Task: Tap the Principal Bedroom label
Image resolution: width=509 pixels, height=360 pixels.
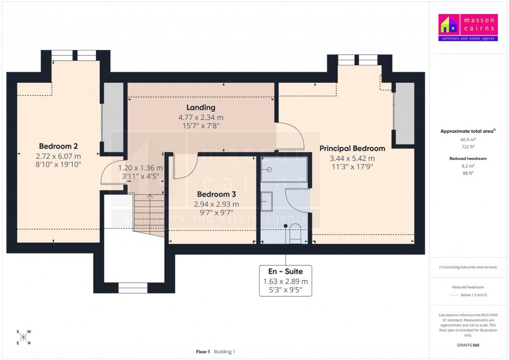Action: click(x=352, y=149)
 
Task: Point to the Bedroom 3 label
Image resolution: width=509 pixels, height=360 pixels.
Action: click(x=216, y=194)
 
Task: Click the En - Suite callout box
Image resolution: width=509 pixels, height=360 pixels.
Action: click(x=285, y=281)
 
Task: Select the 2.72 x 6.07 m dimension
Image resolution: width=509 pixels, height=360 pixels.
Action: click(x=58, y=156)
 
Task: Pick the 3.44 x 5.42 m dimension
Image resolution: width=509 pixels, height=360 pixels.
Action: click(x=352, y=158)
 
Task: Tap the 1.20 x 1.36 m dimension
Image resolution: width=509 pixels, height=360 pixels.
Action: click(x=140, y=168)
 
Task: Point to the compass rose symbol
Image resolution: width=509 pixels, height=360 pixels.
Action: click(x=23, y=337)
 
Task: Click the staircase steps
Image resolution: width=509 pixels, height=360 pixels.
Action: click(x=149, y=213)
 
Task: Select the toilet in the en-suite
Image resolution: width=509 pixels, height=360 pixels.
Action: click(x=294, y=233)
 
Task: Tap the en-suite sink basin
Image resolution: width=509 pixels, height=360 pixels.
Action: click(x=266, y=201)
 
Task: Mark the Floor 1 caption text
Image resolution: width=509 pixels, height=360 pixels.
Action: click(x=203, y=352)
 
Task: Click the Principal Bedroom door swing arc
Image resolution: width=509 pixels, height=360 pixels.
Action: click(x=292, y=136)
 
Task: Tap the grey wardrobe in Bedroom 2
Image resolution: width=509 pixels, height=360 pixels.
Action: click(x=113, y=118)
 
